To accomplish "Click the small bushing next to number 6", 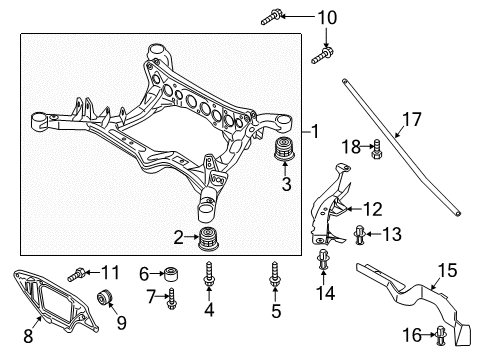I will (x=174, y=274).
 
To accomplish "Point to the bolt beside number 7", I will (x=174, y=297).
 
